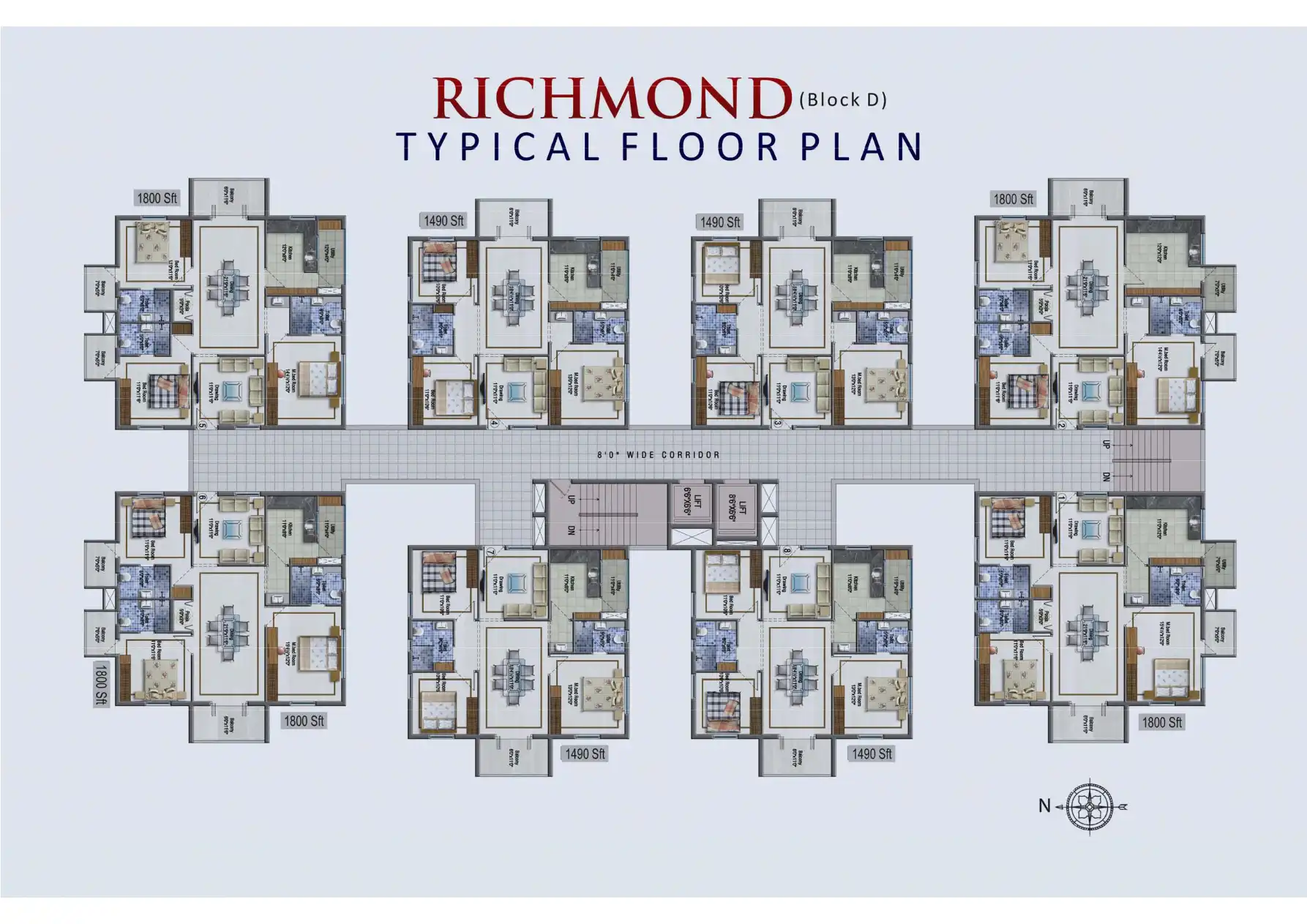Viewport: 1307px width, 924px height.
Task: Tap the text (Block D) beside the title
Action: point(843,99)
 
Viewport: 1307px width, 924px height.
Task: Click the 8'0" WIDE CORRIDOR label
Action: point(659,455)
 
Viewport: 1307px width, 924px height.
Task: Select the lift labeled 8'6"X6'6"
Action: point(737,503)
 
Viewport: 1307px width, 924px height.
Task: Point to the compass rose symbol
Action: point(1090,806)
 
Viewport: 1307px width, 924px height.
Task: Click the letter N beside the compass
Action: point(1044,805)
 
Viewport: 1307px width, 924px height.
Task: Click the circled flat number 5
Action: point(203,424)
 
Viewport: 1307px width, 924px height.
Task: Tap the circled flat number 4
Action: point(494,424)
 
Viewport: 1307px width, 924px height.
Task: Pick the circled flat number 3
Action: point(777,424)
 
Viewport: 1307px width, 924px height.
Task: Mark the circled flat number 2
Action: point(1061,424)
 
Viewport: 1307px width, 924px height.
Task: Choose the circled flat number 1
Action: point(1061,498)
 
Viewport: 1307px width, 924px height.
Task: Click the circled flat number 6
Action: point(203,498)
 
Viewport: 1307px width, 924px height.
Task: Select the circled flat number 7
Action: point(490,552)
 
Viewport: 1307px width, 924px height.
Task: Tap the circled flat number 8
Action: point(786,552)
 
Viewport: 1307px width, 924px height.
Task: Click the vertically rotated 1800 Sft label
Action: point(100,683)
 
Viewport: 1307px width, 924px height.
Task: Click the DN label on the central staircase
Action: point(572,530)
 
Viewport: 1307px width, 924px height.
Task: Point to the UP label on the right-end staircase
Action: point(1106,444)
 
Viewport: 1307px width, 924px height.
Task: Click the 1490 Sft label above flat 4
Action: point(443,220)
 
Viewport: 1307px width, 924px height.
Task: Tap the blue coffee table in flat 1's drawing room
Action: point(1090,528)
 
